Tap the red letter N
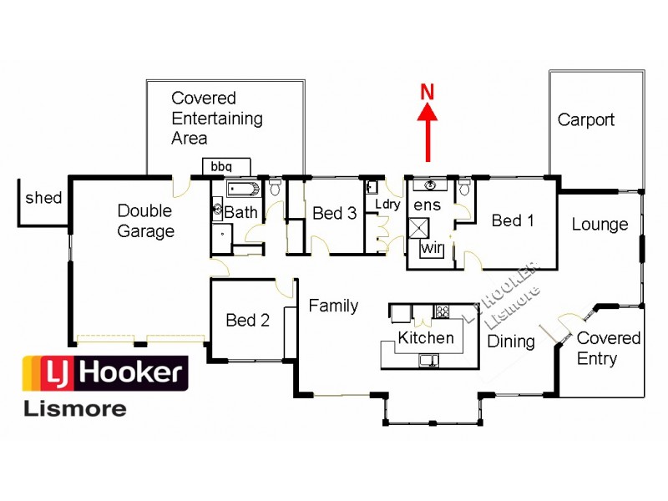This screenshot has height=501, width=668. coord(428,93)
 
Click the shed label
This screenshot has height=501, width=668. coord(43,198)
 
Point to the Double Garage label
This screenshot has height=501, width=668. coord(145,221)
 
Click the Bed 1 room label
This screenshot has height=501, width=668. coord(513,220)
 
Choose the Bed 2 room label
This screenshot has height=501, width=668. coord(247,321)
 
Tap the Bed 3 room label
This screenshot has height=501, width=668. coord(334,214)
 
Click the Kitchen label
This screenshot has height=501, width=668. coord(426,338)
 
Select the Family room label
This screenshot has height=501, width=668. coord(333,306)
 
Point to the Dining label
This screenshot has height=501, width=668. coord(511,342)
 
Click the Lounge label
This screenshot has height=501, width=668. coord(600,225)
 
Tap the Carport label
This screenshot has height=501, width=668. coord(585,120)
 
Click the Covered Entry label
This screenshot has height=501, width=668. coord(608,349)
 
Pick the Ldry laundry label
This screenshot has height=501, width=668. coord(387,204)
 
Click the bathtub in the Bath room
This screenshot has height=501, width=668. coord(244,188)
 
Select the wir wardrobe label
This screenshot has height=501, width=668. coord(432,248)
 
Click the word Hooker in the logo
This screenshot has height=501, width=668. coord(134,372)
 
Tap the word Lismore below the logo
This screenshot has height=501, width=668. coord(74,408)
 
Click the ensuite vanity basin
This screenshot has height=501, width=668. coord(430,185)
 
